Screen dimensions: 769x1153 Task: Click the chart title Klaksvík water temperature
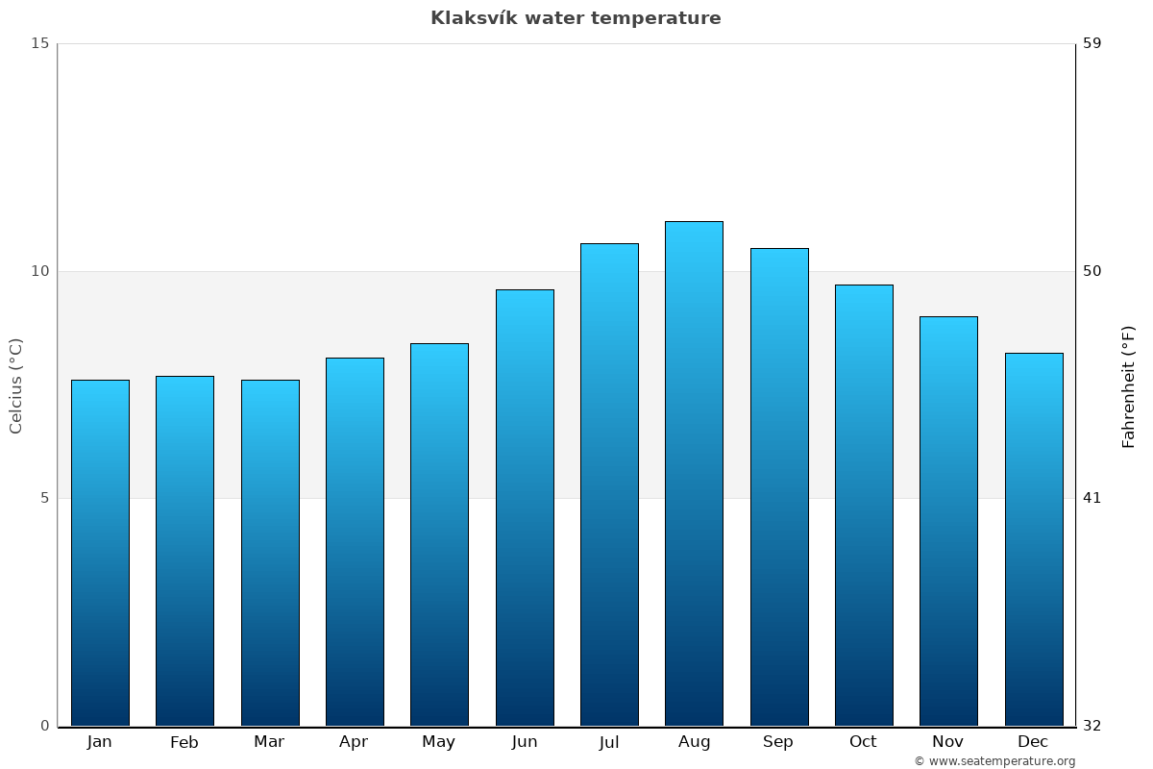(576, 18)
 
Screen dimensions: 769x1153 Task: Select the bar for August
(694, 473)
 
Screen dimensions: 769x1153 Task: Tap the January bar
(100, 553)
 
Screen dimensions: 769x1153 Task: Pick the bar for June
(525, 508)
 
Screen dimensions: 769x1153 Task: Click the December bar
(1034, 539)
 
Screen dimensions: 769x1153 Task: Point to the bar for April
(355, 541)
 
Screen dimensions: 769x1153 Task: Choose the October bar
(864, 505)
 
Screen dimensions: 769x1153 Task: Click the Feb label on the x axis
(184, 742)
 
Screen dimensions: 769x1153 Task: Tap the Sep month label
(778, 742)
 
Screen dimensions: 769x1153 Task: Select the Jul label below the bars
(609, 742)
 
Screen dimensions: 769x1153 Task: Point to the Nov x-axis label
(948, 742)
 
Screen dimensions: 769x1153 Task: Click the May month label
(439, 742)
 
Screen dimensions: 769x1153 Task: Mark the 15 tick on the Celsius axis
(40, 43)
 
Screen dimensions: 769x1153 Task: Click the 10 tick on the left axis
(40, 271)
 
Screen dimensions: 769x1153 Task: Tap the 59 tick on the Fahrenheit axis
(1092, 43)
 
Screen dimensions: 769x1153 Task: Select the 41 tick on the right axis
(1092, 498)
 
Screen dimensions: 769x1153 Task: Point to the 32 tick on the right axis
(1092, 726)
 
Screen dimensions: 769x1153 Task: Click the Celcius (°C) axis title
(16, 385)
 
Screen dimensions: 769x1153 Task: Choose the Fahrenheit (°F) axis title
(1129, 385)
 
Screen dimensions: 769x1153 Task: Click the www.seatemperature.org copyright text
(994, 761)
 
